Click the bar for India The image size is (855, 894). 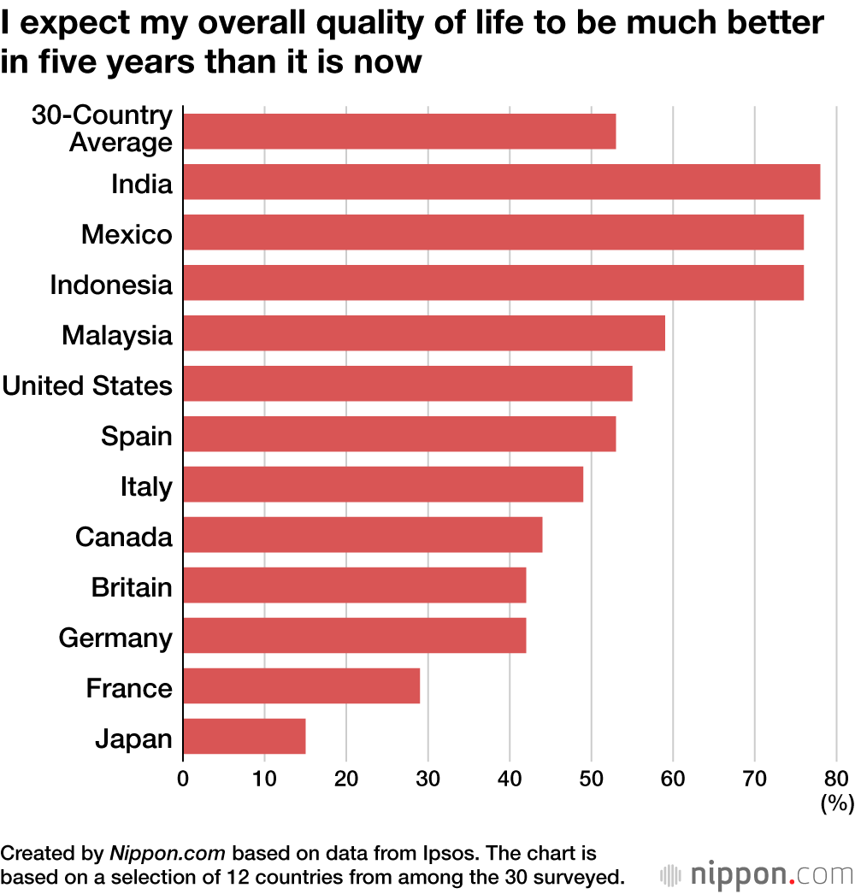coord(501,182)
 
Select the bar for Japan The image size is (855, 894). coord(244,737)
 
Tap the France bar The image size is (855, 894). coord(301,686)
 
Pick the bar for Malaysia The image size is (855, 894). coord(423,333)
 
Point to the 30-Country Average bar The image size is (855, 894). coord(399,132)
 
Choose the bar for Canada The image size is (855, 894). coord(363,535)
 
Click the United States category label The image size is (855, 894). coord(87,385)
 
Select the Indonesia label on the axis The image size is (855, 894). coord(111,285)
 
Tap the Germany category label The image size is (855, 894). coord(115,638)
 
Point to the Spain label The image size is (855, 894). coord(137,436)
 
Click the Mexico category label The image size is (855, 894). coord(127,234)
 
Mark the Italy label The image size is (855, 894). coord(146,486)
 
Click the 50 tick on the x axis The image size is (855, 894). coord(591,778)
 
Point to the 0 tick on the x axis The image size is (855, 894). coord(182,778)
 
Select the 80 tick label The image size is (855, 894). coord(837,778)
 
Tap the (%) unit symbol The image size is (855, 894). coord(837,803)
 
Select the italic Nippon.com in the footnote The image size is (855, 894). coord(168,853)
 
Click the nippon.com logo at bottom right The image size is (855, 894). coord(757,875)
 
